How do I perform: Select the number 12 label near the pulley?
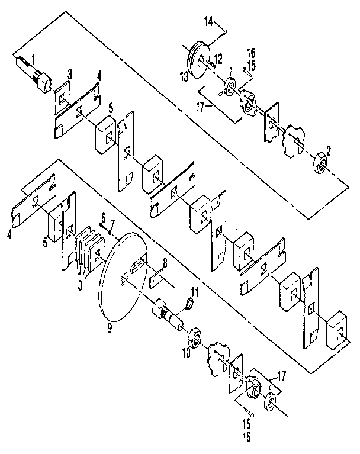(x=218, y=57)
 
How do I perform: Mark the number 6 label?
(x=103, y=218)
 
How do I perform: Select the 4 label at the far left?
(x=9, y=234)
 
